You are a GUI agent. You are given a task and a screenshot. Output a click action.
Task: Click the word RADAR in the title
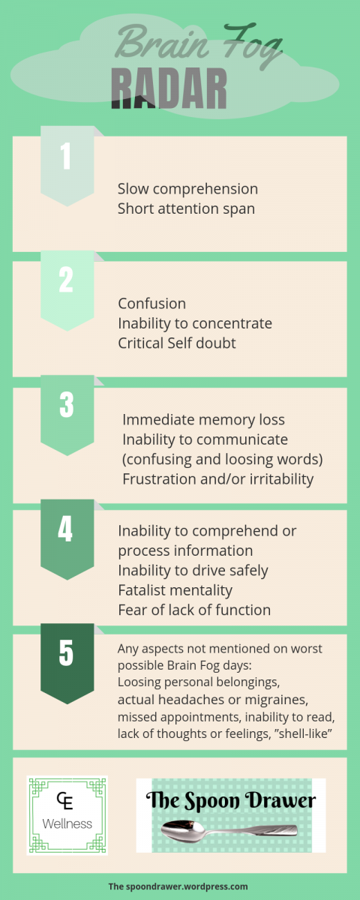click(x=169, y=88)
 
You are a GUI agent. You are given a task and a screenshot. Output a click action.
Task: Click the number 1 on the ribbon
click(x=66, y=156)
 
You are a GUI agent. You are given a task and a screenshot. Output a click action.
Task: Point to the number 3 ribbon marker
click(x=67, y=415)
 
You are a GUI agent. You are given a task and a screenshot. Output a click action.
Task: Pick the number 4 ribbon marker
click(x=67, y=539)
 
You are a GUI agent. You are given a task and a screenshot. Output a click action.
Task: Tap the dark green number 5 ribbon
click(x=67, y=664)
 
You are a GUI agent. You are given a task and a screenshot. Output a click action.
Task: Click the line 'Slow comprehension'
click(x=187, y=189)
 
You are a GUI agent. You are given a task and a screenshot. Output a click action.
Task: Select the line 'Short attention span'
click(x=186, y=209)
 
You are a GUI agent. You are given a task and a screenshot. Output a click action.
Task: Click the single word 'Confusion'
click(x=151, y=304)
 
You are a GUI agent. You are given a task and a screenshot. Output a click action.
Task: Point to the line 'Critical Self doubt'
click(x=177, y=343)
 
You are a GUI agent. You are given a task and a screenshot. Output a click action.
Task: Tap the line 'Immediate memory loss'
click(x=204, y=420)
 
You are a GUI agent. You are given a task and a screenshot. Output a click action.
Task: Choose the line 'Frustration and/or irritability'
click(x=217, y=479)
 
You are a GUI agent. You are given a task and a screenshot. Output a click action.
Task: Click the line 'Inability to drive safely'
click(x=193, y=571)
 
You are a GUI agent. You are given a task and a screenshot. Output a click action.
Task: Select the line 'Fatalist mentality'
click(x=175, y=590)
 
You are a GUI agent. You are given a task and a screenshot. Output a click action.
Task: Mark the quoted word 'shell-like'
click(x=303, y=733)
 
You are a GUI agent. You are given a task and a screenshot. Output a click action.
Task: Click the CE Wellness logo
click(x=67, y=815)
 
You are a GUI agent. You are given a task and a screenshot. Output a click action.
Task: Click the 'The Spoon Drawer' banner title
click(x=231, y=800)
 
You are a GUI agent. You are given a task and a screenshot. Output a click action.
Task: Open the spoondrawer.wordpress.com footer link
click(x=178, y=886)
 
